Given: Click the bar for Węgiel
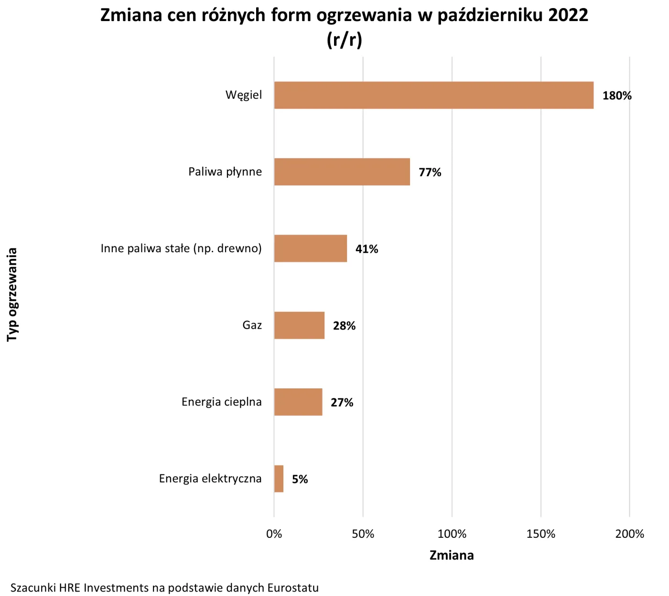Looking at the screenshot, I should pos(433,95).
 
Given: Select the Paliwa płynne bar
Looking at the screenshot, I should pos(342,172).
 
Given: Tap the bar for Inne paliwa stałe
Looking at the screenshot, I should pos(310,248).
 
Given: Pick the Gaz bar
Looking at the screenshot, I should pos(299,325).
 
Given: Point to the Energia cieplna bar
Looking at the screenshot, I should pos(298,402).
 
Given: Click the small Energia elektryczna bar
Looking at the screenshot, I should pos(279,479).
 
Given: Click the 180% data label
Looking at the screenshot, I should pos(616,96).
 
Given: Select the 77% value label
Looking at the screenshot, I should pos(430,172).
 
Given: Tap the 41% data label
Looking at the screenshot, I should pos(367,249).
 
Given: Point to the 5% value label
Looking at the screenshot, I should pos(300,479).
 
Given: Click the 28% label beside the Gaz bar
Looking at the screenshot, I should pos(344,326).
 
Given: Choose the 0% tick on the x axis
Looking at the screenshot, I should pos(274,534).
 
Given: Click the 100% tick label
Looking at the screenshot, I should pos(452,534).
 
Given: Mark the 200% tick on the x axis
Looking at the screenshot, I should pos(629,534).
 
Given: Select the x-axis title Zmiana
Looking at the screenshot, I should pos(452,555).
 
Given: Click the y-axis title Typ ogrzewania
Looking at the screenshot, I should pos(12,294).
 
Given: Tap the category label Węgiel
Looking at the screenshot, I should pos(244,95).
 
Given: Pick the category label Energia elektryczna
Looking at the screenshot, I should pos(210,479).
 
